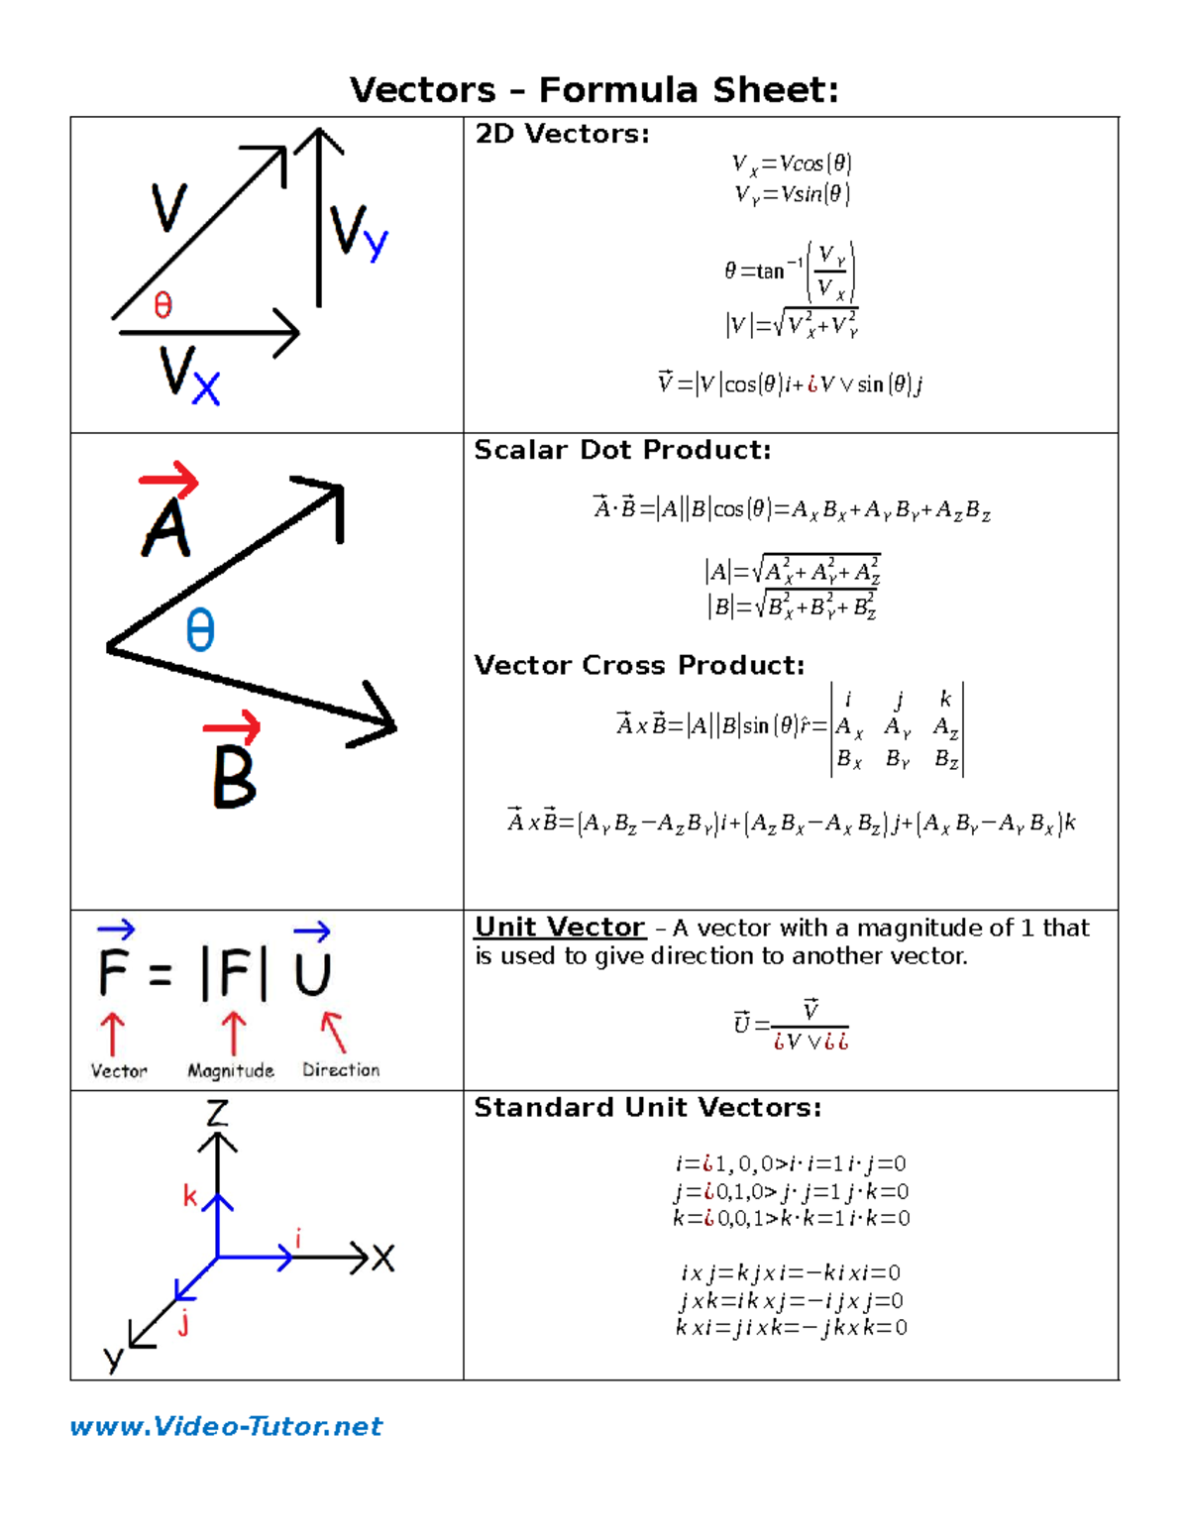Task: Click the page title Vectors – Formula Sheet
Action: [594, 90]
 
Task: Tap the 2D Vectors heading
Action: [562, 134]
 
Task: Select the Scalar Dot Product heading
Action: [622, 450]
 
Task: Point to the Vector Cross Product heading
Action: [639, 665]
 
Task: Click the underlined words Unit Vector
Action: [560, 928]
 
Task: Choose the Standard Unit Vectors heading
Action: [648, 1107]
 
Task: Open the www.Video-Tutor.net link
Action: [226, 1426]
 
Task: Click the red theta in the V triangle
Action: [163, 305]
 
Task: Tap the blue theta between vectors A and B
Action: [200, 630]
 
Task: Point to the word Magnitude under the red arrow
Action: [231, 1070]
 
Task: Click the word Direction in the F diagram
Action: [341, 1070]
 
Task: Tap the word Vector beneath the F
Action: [119, 1071]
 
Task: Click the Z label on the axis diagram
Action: [217, 1113]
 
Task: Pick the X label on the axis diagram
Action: [383, 1259]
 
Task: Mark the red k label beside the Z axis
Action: [189, 1196]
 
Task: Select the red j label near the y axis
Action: [183, 1324]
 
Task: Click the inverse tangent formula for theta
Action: [790, 271]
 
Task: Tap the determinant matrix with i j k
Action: [897, 729]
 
